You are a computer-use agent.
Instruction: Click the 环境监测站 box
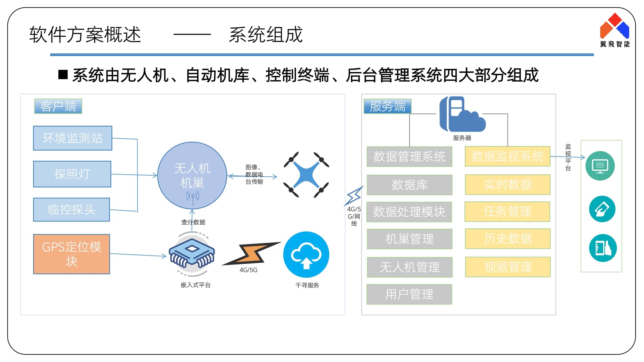coord(72,138)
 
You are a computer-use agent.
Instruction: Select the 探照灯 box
coord(72,174)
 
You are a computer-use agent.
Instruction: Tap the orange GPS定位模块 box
coord(71,254)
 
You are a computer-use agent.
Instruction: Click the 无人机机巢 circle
coord(192,175)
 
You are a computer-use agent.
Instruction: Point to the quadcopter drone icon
coord(306,175)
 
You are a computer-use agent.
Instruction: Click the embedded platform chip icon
coord(192,254)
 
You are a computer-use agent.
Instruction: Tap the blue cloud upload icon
coord(306,254)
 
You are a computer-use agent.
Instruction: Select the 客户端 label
coord(58,106)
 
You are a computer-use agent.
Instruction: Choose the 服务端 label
coord(387,106)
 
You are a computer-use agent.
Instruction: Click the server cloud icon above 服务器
coord(462,114)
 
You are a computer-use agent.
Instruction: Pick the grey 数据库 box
coord(409,185)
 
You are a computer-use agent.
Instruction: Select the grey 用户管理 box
coord(409,294)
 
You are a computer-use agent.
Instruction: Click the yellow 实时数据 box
coord(507,184)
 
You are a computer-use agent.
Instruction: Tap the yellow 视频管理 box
coord(507,267)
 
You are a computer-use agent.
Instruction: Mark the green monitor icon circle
coord(600,166)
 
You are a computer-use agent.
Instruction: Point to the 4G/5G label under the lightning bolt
coord(248,270)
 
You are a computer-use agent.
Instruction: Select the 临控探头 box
coord(71,209)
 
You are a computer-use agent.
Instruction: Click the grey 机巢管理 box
coord(409,239)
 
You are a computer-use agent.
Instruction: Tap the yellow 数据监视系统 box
coord(507,156)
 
